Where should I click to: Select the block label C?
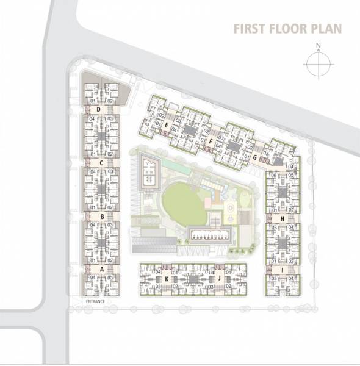(100, 163)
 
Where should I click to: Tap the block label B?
(103, 216)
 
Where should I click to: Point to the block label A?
(103, 269)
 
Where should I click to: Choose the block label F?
(210, 141)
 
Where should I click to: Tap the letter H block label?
(283, 218)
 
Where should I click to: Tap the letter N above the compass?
(319, 45)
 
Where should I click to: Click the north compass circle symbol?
(318, 63)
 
